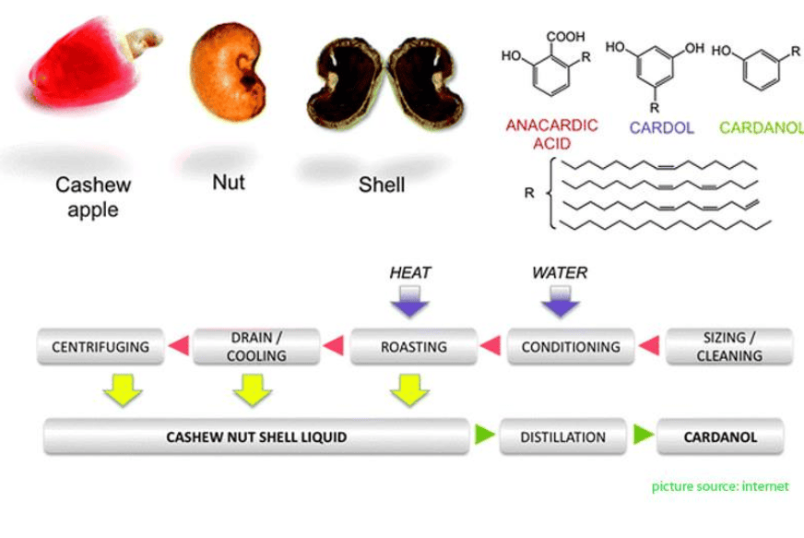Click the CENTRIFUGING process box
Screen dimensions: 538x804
pos(100,347)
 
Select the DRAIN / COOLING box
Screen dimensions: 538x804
pos(256,347)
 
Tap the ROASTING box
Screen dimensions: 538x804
pos(413,347)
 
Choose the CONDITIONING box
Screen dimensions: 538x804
pos(571,347)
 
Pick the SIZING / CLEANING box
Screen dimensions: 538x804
pos(728,347)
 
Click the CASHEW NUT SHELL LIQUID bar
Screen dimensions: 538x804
pos(255,436)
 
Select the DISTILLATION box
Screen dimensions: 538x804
pos(562,436)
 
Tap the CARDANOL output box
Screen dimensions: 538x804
pos(720,436)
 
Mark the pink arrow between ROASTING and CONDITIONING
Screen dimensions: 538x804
pos(491,347)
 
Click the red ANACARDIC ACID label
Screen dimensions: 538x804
pos(552,134)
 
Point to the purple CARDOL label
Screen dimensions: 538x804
pos(661,128)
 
